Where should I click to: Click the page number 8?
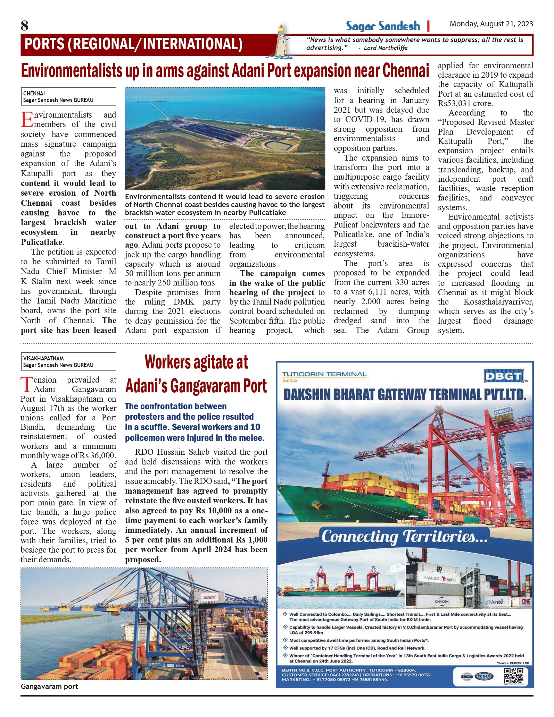[24, 25]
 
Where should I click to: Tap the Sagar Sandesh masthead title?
[383, 26]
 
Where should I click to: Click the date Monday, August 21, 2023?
[491, 24]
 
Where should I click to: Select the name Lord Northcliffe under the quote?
[386, 48]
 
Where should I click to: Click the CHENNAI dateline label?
[34, 93]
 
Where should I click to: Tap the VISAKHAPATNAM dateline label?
[43, 358]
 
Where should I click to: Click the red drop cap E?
[27, 120]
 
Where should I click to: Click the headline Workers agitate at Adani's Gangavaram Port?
[196, 374]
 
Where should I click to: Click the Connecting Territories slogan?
[404, 536]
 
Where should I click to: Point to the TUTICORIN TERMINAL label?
[324, 374]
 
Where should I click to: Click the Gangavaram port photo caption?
[49, 686]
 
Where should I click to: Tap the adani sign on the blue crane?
[209, 597]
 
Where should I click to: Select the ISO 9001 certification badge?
[466, 676]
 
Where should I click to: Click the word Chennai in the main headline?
[406, 71]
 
